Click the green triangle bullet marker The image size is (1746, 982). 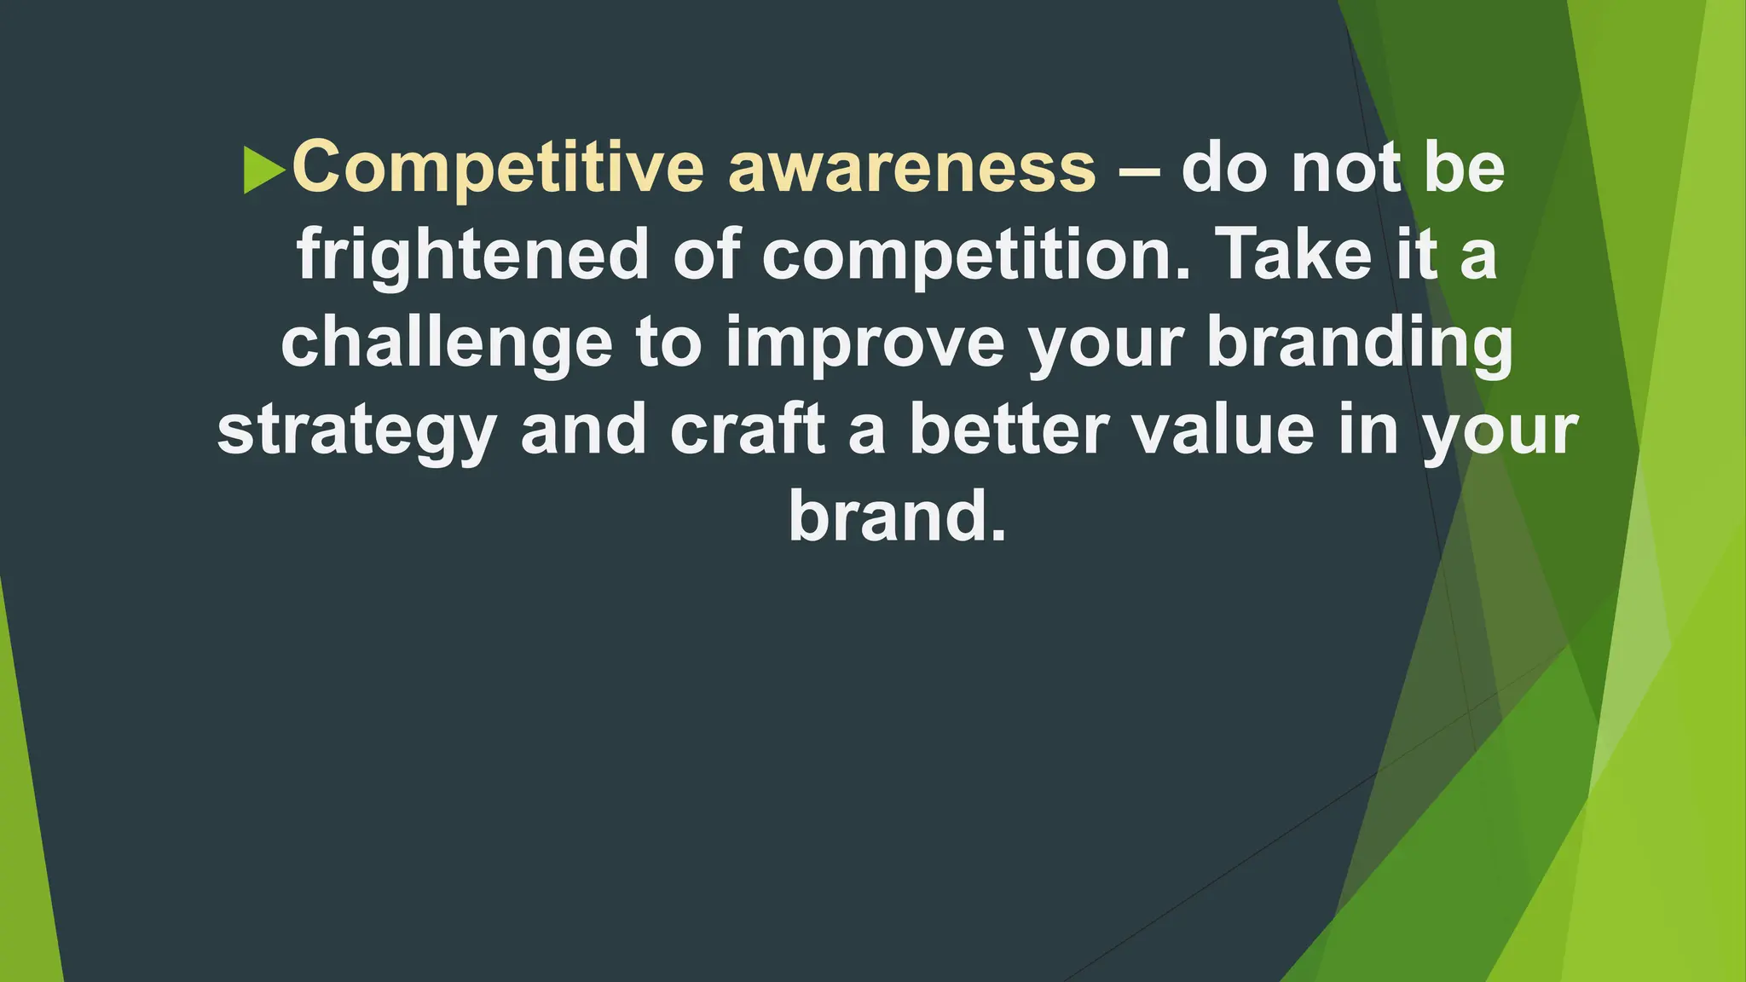[263, 170]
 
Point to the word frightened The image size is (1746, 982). [472, 256]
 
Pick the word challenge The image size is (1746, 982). [447, 344]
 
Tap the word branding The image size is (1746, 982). [1360, 344]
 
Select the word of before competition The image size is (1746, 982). [707, 254]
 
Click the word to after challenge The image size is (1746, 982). [668, 344]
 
